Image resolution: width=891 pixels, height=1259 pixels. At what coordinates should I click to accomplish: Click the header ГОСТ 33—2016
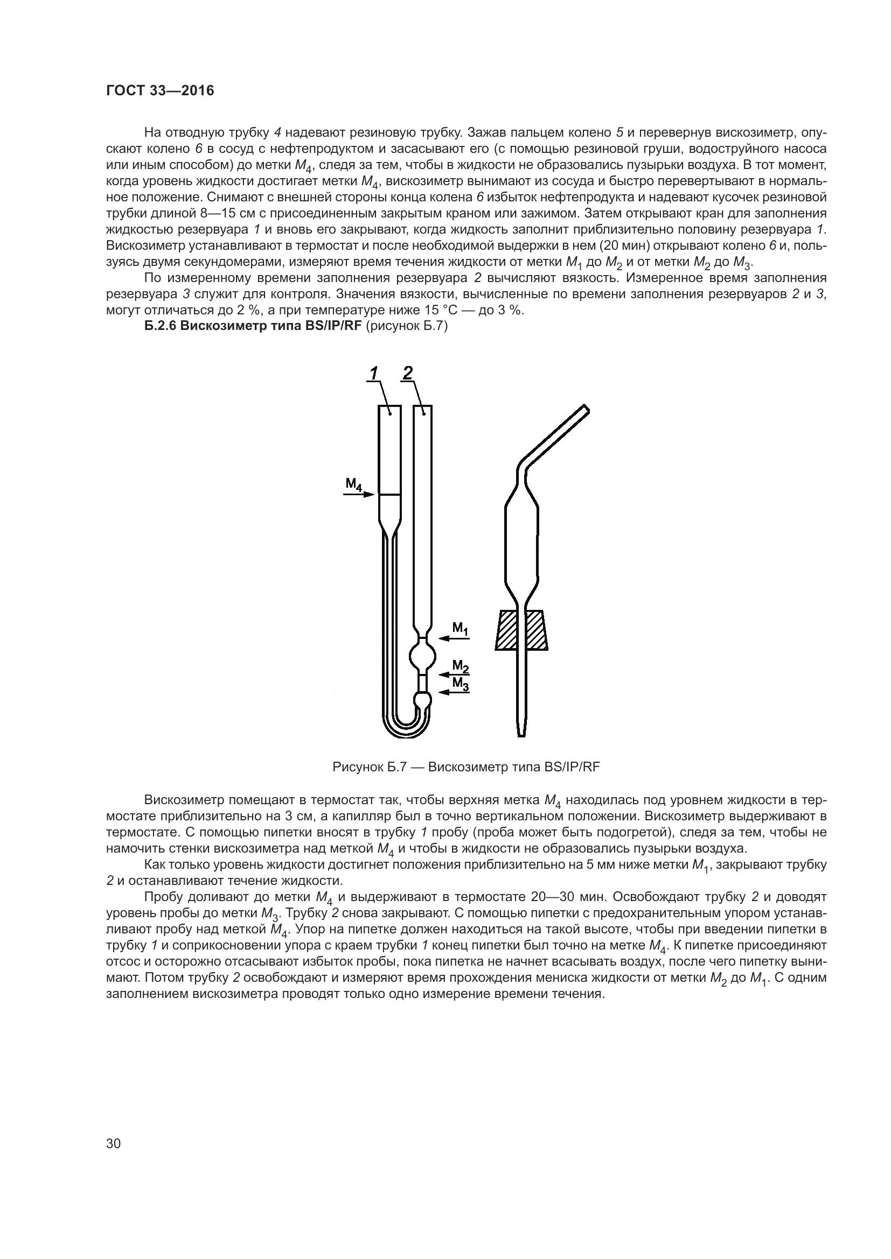[x=159, y=91]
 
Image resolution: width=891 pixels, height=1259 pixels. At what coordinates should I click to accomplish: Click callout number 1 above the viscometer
[x=374, y=374]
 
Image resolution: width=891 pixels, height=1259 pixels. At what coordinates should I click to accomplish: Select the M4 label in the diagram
[x=353, y=485]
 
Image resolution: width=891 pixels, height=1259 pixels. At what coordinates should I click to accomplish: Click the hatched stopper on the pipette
[x=521, y=630]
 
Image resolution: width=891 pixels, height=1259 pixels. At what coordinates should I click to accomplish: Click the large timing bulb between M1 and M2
[x=422, y=655]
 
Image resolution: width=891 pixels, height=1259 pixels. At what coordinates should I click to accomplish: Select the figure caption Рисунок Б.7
[x=467, y=766]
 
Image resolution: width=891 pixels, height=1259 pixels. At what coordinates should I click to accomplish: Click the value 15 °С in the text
[x=433, y=311]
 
